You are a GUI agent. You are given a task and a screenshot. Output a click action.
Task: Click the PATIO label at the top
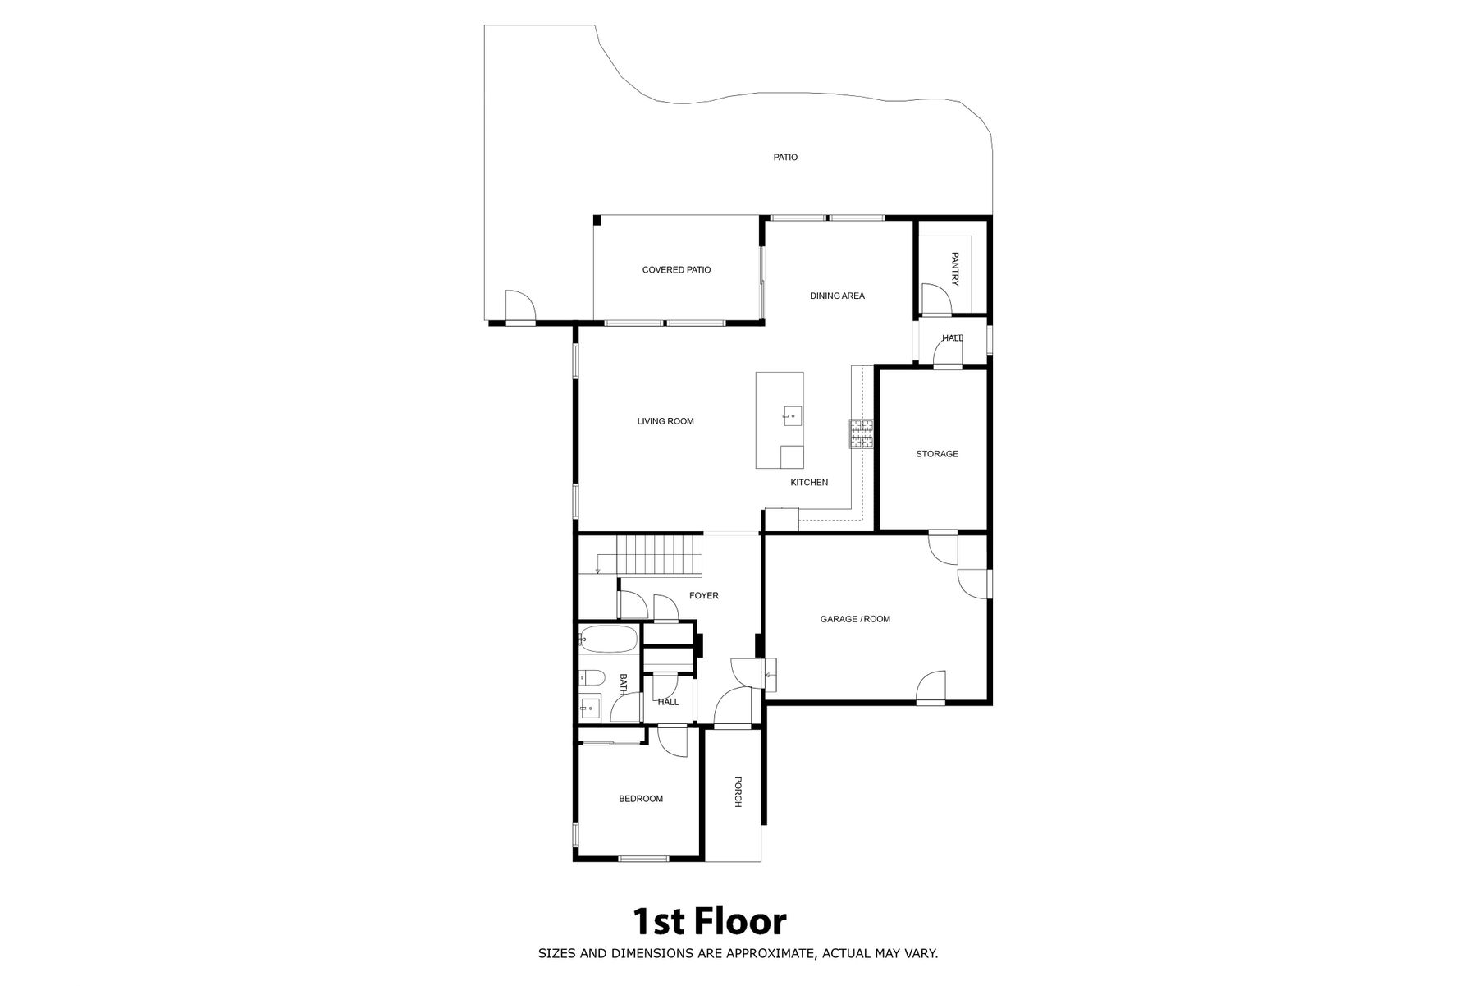click(x=785, y=157)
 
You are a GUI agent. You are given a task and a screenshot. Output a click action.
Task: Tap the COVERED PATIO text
click(x=676, y=269)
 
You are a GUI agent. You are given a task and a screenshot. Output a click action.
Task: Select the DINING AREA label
click(x=837, y=296)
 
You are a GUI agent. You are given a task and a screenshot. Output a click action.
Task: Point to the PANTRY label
click(x=954, y=269)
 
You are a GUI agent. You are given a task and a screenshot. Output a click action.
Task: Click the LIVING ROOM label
click(x=665, y=421)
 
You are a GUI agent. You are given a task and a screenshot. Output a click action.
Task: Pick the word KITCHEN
click(x=809, y=482)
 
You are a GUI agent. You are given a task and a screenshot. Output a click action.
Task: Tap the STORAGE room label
click(x=937, y=453)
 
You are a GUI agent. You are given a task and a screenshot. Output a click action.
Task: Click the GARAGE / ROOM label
click(x=855, y=619)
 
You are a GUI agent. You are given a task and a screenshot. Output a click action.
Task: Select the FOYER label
click(x=704, y=595)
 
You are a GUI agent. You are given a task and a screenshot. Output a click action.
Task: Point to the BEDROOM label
click(x=641, y=798)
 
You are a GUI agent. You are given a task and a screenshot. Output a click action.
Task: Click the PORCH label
click(x=738, y=792)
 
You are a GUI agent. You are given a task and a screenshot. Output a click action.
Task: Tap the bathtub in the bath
click(x=608, y=640)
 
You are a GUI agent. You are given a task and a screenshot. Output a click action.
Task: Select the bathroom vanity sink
click(x=590, y=706)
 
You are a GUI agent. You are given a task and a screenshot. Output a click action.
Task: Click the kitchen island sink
click(x=791, y=416)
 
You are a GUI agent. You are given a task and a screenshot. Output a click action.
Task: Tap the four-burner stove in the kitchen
click(x=861, y=433)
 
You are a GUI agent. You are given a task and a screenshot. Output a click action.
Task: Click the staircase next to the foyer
click(x=661, y=555)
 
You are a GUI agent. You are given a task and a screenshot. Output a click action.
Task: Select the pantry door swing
click(x=935, y=299)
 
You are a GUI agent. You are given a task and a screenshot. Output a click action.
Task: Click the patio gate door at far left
click(x=520, y=306)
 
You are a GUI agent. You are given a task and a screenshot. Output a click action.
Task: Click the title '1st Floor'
click(x=709, y=922)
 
